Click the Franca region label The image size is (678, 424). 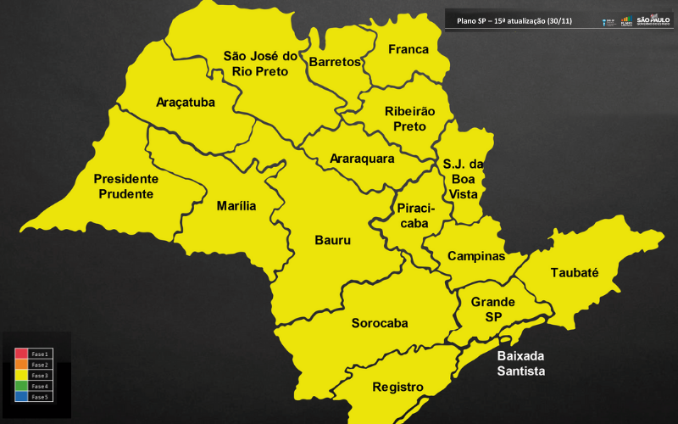(x=408, y=49)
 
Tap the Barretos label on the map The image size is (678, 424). (x=335, y=63)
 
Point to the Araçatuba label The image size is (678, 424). (x=186, y=103)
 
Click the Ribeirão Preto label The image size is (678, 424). (x=409, y=119)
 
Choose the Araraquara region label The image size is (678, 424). (x=362, y=159)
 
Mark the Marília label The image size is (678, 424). (x=236, y=206)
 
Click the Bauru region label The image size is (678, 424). (x=332, y=241)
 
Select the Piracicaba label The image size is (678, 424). (x=414, y=215)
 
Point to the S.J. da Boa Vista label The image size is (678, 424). (x=463, y=179)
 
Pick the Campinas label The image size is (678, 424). (x=476, y=256)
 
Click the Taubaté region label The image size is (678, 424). (x=575, y=273)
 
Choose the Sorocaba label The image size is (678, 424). (x=380, y=323)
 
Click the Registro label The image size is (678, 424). (x=397, y=388)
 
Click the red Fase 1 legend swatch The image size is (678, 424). (x=21, y=354)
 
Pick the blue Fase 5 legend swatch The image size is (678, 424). (x=21, y=396)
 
